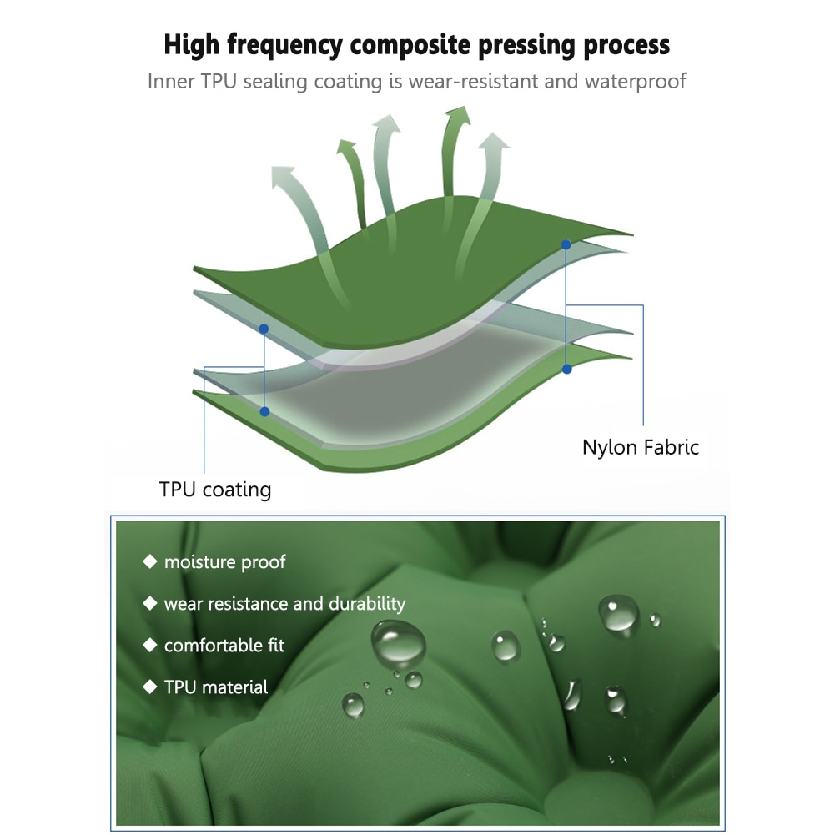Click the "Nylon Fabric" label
coord(640,447)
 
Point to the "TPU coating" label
coord(215,489)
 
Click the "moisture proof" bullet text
coord(224,562)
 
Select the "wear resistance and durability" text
coord(284,604)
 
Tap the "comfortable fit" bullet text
coord(224,646)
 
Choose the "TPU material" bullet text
coord(216,687)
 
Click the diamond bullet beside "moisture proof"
coord(150,562)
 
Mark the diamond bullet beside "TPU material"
coord(150,687)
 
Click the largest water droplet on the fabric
coord(398,642)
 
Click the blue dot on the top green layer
coord(566,244)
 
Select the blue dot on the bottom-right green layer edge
coord(566,369)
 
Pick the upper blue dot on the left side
coord(264,329)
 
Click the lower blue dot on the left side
coord(264,411)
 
